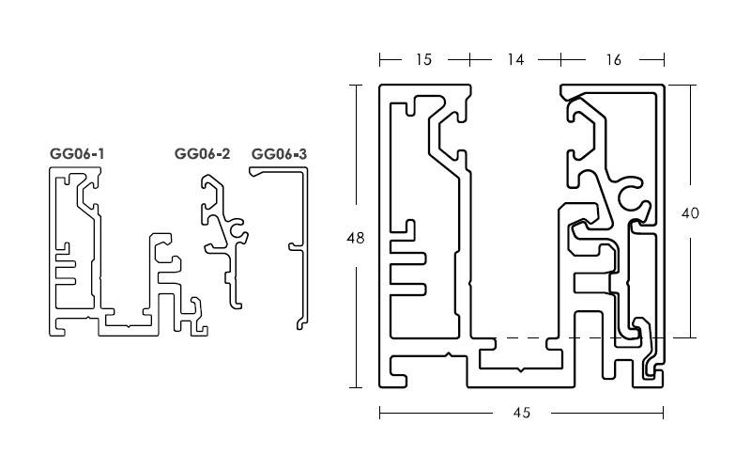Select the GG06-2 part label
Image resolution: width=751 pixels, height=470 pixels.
pyautogui.click(x=202, y=153)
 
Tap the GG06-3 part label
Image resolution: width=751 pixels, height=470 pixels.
pyautogui.click(x=279, y=153)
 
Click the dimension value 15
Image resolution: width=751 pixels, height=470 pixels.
pyautogui.click(x=423, y=60)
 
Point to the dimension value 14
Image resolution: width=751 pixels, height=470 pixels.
pyautogui.click(x=514, y=60)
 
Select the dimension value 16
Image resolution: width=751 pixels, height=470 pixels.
pyautogui.click(x=613, y=60)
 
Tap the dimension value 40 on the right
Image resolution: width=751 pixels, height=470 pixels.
pyautogui.click(x=689, y=213)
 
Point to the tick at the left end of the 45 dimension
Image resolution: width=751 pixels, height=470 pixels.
pyautogui.click(x=379, y=412)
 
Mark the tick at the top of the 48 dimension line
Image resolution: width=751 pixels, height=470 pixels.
pyautogui.click(x=356, y=86)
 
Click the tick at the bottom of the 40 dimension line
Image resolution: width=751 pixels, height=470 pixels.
pyautogui.click(x=692, y=337)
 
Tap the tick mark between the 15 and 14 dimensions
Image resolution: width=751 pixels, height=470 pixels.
pyautogui.click(x=470, y=60)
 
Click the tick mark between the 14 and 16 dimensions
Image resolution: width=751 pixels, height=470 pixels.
pyautogui.click(x=561, y=60)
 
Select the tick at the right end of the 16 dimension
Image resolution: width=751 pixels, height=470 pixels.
pyautogui.click(x=666, y=60)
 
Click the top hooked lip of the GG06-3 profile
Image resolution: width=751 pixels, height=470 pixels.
pyautogui.click(x=253, y=171)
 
